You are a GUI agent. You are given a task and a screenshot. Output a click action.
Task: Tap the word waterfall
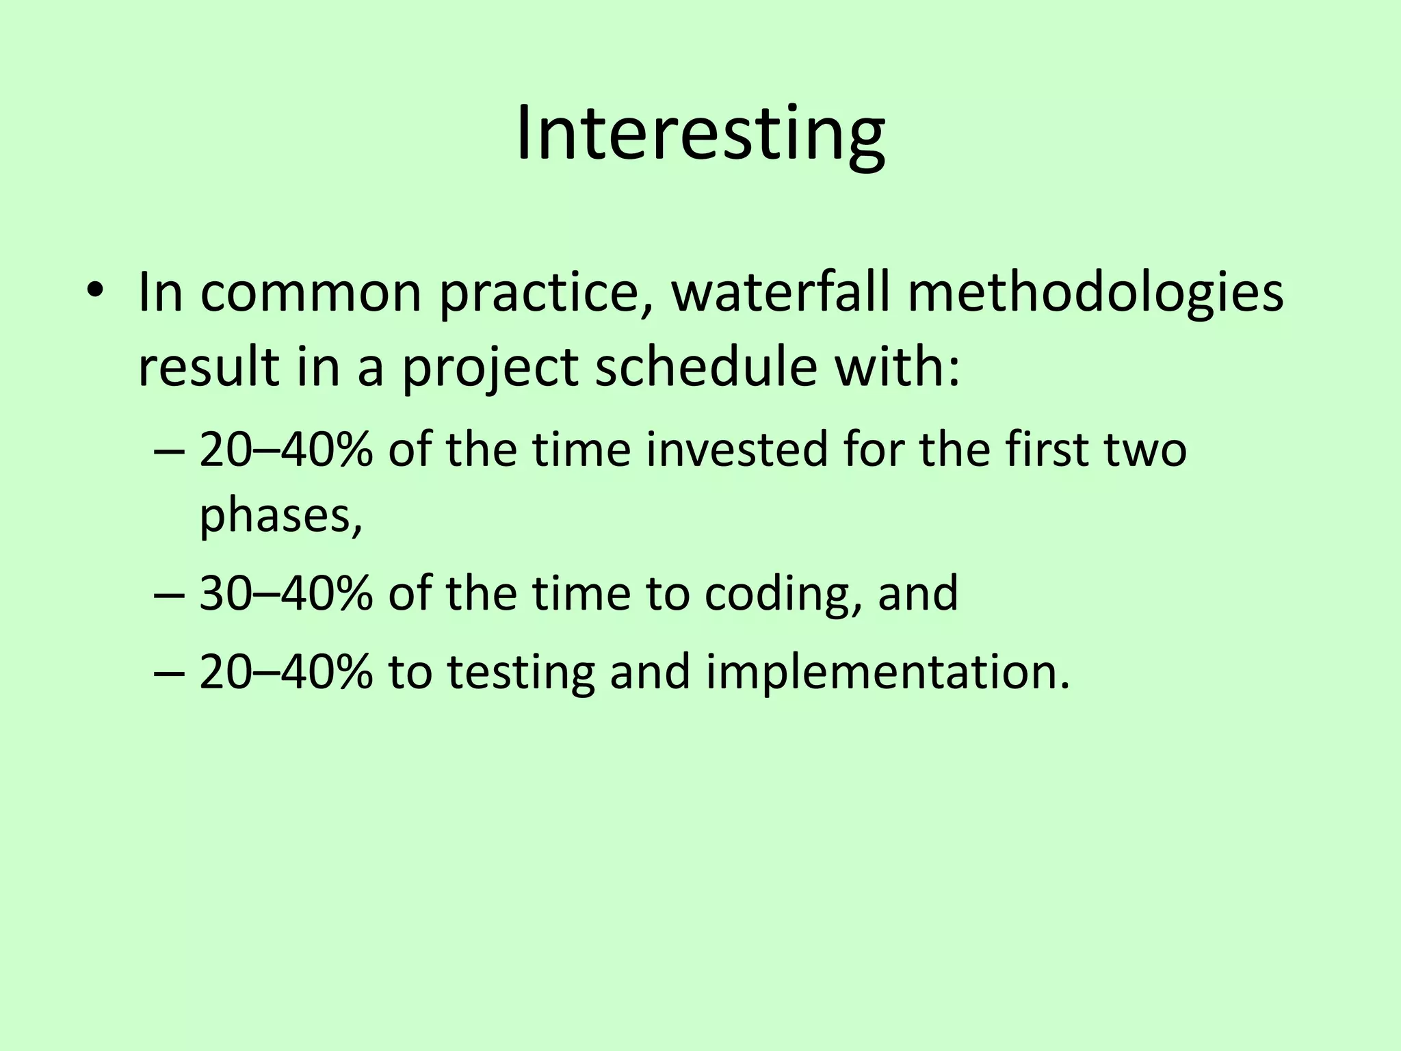coord(781,293)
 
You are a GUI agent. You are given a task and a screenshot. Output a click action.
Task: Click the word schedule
coord(706,367)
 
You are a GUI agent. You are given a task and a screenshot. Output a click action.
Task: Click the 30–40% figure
coord(286,593)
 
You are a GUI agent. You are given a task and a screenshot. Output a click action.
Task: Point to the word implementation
coord(887,672)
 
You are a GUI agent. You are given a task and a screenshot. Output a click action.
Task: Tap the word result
coord(209,367)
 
